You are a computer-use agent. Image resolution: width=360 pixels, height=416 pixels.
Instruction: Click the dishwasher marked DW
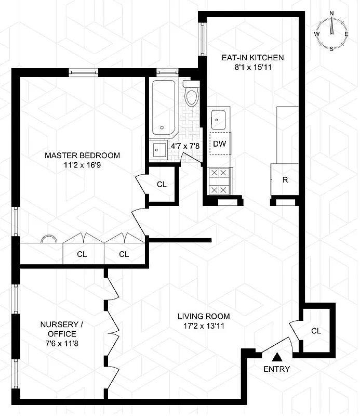(x=220, y=144)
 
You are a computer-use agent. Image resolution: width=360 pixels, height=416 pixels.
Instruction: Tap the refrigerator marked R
(x=285, y=180)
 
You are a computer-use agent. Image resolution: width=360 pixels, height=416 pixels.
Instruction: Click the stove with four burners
(x=220, y=181)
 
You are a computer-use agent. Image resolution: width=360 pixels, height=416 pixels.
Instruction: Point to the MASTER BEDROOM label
(x=82, y=155)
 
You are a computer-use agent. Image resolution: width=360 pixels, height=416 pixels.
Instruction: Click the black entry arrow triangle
(x=277, y=357)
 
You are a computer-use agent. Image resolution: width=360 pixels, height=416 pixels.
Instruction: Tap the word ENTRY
(x=277, y=369)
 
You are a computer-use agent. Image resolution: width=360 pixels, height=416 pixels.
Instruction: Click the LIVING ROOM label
(x=203, y=316)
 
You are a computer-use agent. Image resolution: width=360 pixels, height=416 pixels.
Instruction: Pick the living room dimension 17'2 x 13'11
(x=203, y=326)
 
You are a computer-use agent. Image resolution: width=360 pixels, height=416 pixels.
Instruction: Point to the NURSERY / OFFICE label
(x=58, y=329)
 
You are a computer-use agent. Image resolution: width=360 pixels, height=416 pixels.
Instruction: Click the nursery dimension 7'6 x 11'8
(x=58, y=344)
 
